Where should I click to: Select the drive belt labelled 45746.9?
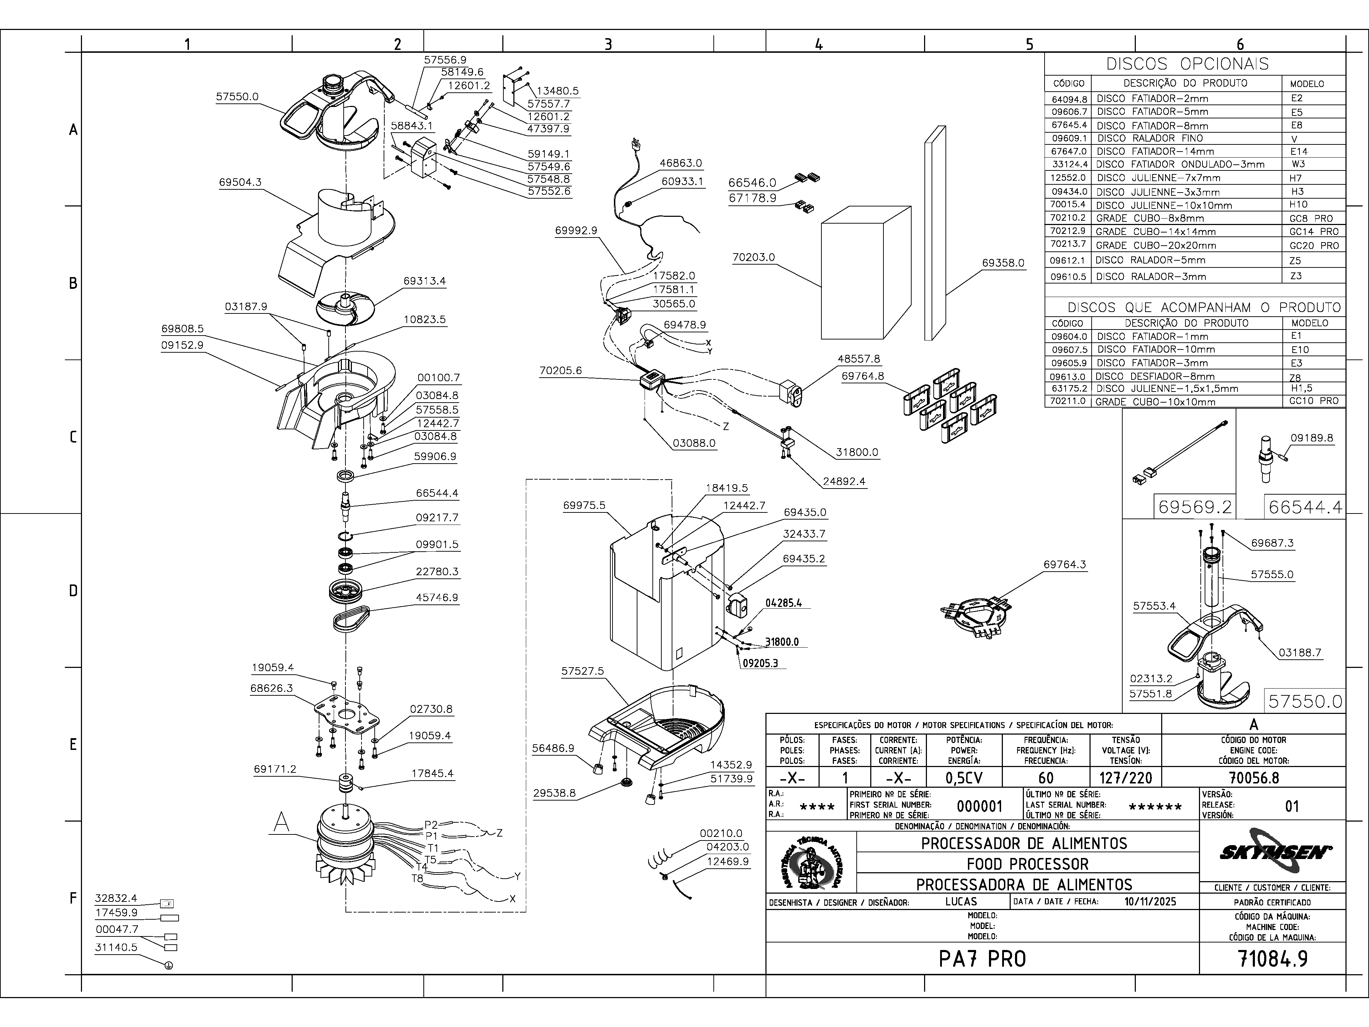[x=351, y=618]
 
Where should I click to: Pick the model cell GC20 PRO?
[x=1313, y=245]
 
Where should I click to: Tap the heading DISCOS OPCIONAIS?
[x=1195, y=64]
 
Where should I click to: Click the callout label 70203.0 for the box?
[x=753, y=257]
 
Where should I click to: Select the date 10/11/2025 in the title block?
[x=1150, y=901]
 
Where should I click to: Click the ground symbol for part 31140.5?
[x=169, y=965]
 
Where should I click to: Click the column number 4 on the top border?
[x=819, y=44]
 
